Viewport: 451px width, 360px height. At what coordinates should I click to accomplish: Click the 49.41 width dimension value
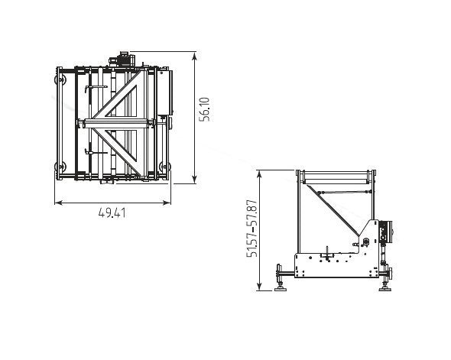pyautogui.click(x=112, y=213)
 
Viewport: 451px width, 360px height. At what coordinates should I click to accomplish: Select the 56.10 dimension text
pyautogui.click(x=205, y=109)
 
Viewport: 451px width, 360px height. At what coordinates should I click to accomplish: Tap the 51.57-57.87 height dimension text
pyautogui.click(x=252, y=229)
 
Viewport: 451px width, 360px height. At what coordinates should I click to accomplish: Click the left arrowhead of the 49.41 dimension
pyautogui.click(x=58, y=203)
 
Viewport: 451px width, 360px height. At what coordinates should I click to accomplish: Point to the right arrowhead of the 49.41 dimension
pyautogui.click(x=167, y=203)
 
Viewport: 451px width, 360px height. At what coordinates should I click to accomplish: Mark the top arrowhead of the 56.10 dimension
pyautogui.click(x=195, y=56)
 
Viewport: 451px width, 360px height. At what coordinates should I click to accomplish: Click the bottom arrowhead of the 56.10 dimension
pyautogui.click(x=195, y=180)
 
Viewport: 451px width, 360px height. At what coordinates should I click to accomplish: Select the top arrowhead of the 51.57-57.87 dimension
pyautogui.click(x=259, y=174)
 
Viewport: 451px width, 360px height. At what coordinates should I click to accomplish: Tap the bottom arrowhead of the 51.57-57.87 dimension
pyautogui.click(x=259, y=287)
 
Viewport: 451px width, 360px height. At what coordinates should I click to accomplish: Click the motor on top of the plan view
pyautogui.click(x=122, y=59)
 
